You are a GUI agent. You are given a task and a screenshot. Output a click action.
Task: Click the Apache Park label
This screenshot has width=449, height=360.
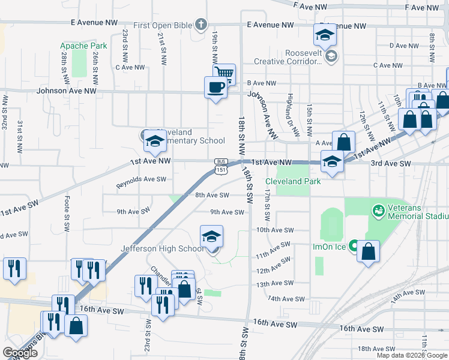(x=83, y=46)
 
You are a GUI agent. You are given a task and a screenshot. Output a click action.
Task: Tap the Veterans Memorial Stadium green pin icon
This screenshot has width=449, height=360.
(x=378, y=211)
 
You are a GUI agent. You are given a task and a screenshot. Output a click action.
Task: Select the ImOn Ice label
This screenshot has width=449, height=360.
(x=330, y=247)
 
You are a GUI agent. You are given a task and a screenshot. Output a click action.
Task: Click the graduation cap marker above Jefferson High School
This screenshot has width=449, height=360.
(x=211, y=236)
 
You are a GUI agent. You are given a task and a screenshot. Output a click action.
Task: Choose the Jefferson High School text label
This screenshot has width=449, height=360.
(x=163, y=248)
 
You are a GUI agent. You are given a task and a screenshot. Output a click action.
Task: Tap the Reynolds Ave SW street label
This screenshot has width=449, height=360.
(x=141, y=179)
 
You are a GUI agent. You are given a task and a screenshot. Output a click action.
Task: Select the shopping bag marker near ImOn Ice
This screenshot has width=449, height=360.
(x=369, y=251)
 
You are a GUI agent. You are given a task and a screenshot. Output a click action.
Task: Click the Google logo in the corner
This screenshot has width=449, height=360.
(x=20, y=353)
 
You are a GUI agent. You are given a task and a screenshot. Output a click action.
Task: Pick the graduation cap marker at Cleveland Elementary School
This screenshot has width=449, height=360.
(x=154, y=142)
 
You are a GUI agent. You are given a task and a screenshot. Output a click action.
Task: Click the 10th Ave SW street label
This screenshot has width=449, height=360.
(x=275, y=230)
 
